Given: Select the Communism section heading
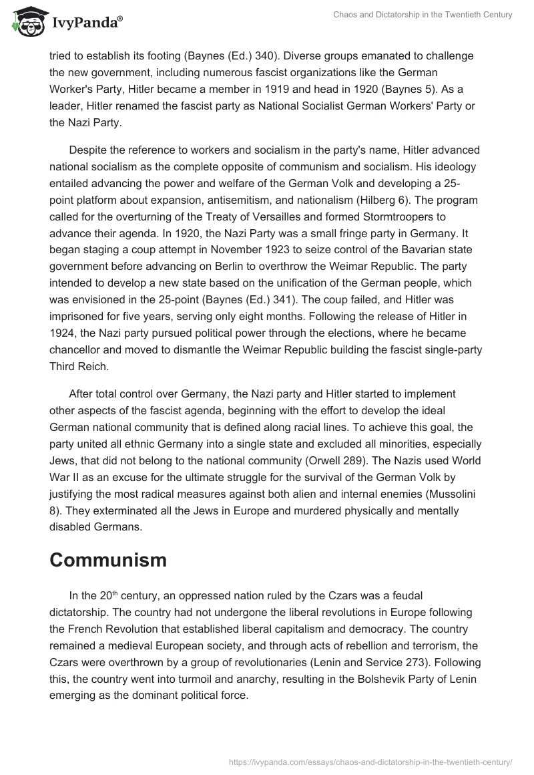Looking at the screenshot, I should pyautogui.click(x=107, y=561).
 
